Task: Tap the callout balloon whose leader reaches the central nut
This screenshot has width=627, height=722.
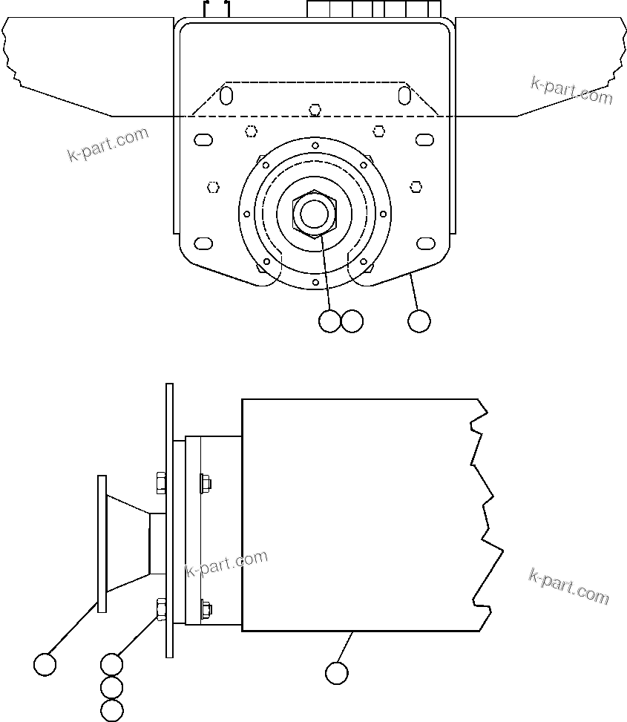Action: pyautogui.click(x=329, y=321)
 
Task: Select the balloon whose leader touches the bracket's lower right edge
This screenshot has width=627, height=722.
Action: pyautogui.click(x=419, y=321)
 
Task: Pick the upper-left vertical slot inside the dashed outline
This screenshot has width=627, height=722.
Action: pyautogui.click(x=227, y=96)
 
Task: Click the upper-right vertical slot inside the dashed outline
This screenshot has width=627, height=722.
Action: pyautogui.click(x=404, y=96)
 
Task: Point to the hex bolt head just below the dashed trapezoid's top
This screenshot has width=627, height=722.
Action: pyautogui.click(x=315, y=110)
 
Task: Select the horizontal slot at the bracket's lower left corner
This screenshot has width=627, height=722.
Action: pyautogui.click(x=203, y=243)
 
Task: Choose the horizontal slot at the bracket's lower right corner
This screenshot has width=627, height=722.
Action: pyautogui.click(x=425, y=243)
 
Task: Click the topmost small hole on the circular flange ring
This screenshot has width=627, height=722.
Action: pyautogui.click(x=315, y=145)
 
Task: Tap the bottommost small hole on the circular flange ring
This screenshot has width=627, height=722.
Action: pyautogui.click(x=315, y=283)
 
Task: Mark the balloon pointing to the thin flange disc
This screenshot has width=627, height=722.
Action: pyautogui.click(x=45, y=664)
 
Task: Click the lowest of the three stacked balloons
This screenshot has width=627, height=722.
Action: pyautogui.click(x=111, y=710)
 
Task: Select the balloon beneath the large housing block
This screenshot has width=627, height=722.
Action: pyautogui.click(x=336, y=673)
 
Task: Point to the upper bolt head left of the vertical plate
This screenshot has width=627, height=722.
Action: pyautogui.click(x=160, y=484)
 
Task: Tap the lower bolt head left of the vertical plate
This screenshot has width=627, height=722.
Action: pyautogui.click(x=160, y=608)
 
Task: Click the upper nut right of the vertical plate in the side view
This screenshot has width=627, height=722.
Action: pyautogui.click(x=206, y=484)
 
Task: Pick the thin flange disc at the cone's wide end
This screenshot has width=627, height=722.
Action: pyautogui.click(x=102, y=544)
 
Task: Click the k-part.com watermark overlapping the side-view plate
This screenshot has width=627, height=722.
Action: pyautogui.click(x=226, y=563)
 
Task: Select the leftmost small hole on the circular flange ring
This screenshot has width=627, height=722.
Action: pyautogui.click(x=246, y=214)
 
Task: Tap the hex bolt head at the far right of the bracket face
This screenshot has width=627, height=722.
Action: pyautogui.click(x=416, y=186)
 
